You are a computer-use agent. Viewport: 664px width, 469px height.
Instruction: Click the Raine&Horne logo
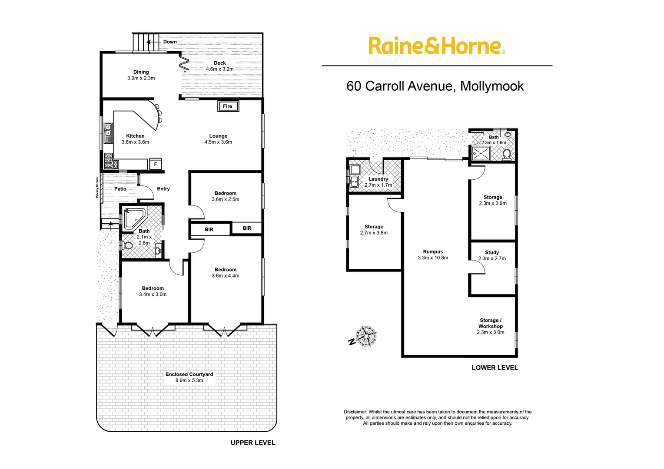[436, 46]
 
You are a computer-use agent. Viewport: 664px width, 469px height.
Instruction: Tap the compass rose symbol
[366, 336]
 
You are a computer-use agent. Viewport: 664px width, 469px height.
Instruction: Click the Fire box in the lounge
[228, 106]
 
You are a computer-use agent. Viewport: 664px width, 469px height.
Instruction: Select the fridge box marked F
[156, 164]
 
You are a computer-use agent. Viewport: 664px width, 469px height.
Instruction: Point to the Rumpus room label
[433, 252]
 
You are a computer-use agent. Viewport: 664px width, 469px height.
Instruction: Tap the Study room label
[492, 252]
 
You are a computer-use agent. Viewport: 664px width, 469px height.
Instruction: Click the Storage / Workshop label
[491, 323]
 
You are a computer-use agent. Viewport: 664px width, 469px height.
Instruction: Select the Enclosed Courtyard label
[189, 374]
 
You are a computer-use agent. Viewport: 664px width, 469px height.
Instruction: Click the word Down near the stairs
[170, 42]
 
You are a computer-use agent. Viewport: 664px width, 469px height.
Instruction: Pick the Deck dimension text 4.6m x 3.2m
[219, 69]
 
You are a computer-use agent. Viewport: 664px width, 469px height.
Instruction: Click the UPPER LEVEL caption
[253, 443]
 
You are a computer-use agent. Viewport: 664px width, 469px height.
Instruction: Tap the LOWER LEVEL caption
[495, 368]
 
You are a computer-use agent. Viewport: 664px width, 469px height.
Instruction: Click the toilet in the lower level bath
[507, 154]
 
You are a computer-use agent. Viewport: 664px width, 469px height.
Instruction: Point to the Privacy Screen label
[97, 188]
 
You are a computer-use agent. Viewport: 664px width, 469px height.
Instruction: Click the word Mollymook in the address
[492, 86]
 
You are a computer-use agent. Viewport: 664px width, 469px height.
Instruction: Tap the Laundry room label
[378, 179]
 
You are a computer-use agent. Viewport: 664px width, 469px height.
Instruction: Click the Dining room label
[141, 72]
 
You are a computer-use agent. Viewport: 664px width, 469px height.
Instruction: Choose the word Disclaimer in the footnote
[355, 412]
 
